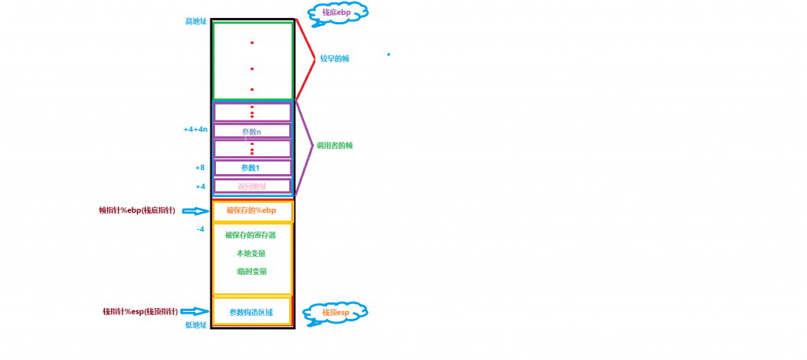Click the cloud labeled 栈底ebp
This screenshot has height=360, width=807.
pos(332,13)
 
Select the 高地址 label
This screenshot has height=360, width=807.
pos(195,21)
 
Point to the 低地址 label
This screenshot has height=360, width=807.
pos(195,325)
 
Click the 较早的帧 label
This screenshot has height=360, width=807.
pos(334,59)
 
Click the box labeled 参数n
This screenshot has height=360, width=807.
pos(252,132)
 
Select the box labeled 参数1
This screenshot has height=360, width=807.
pos(252,168)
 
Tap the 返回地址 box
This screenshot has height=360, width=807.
pos(252,187)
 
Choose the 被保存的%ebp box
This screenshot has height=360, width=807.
pos(252,211)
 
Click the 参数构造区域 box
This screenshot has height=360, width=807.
pos(251,312)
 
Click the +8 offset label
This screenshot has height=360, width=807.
pos(199,168)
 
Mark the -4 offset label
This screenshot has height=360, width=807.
pos(200,229)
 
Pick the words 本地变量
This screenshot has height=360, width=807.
pos(251,253)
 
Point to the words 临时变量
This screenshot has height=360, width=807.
pos(251,271)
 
